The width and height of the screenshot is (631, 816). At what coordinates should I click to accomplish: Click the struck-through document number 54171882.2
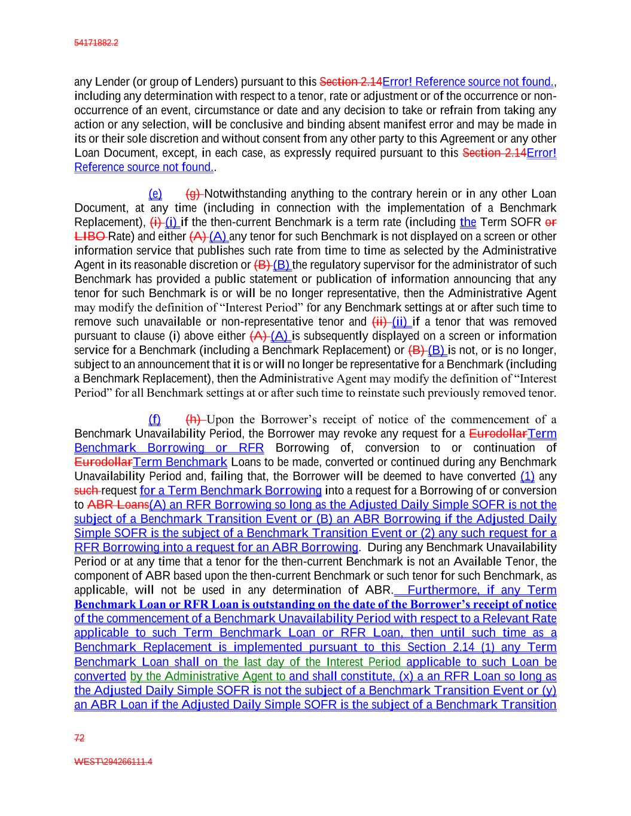tap(96, 43)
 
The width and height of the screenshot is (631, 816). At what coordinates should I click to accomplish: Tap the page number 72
tap(79, 738)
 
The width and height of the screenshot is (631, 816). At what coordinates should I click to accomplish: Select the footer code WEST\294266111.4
tap(113, 762)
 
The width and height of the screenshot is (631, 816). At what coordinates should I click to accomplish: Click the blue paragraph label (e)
tap(155, 194)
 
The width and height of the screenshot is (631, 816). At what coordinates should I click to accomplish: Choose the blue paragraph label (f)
tap(154, 419)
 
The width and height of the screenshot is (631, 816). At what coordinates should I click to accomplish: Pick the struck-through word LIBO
tap(90, 236)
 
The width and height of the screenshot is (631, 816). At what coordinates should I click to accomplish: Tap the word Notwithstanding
tap(245, 194)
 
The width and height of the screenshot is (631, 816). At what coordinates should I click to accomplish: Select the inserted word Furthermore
tap(443, 590)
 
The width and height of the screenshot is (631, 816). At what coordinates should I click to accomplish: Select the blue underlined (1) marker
tap(528, 476)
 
